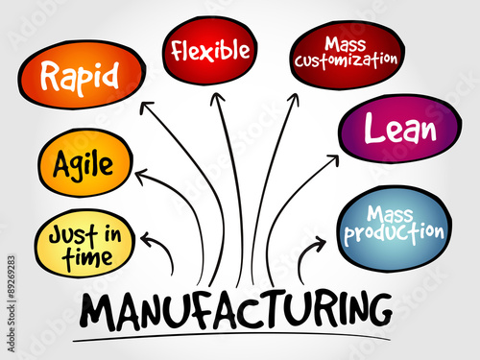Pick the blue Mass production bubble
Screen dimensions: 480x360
pyautogui.click(x=394, y=224)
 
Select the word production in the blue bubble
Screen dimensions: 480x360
pyautogui.click(x=395, y=233)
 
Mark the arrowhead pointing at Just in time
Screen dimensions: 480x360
pyautogui.click(x=147, y=239)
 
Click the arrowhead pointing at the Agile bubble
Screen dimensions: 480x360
pyautogui.click(x=141, y=175)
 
